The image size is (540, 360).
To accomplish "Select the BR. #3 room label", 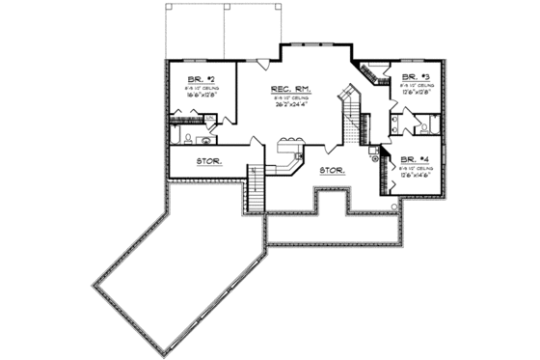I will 416,74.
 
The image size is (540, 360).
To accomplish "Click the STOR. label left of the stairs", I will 210,160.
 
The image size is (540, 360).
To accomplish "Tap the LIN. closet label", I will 209,118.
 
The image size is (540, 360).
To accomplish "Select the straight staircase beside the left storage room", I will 256,186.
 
